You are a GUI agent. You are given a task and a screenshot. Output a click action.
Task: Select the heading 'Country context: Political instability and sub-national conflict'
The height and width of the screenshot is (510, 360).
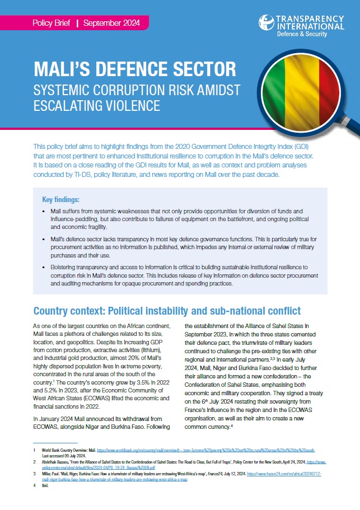point(167,311)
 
